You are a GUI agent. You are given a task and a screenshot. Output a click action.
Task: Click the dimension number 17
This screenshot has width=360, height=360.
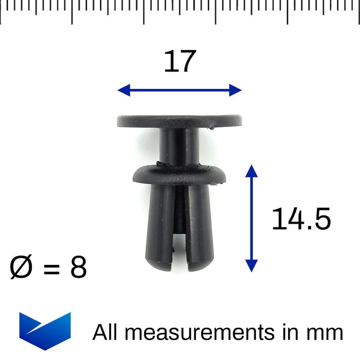[180, 61]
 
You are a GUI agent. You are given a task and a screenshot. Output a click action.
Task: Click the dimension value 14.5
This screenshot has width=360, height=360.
[301, 219]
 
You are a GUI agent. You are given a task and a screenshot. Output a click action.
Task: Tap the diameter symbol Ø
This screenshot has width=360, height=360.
[21, 266]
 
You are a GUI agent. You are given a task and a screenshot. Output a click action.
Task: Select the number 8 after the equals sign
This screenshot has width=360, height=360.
[79, 267]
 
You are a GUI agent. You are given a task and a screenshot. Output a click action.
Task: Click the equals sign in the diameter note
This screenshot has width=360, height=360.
[51, 268]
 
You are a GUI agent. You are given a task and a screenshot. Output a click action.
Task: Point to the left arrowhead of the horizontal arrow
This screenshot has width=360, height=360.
[124, 90]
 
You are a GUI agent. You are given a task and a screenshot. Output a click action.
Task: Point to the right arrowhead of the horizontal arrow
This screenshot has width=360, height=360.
[236, 90]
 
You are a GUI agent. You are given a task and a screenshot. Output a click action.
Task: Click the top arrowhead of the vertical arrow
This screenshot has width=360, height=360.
[251, 171]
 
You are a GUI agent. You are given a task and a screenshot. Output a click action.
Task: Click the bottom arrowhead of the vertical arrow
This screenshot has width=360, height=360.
[251, 266]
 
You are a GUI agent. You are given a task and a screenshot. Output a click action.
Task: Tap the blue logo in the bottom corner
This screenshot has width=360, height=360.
[45, 331]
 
